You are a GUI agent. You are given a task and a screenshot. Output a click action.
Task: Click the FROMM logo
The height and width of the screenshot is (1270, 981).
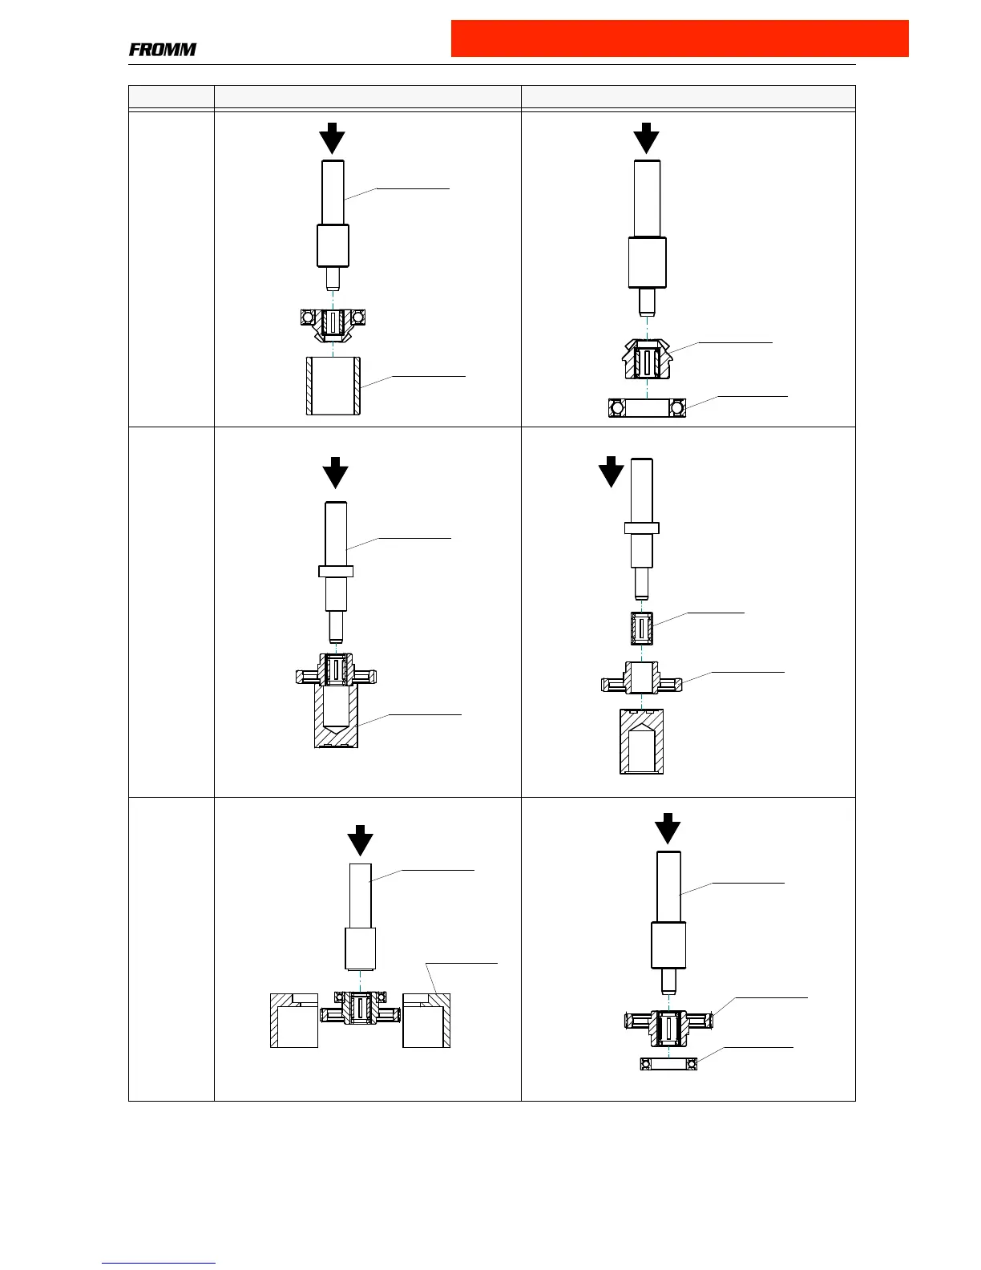click(163, 50)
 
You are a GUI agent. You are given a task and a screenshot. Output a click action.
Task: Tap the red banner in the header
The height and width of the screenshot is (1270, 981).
click(680, 38)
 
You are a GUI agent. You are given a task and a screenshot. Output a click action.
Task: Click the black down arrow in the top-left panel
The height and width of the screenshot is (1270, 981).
click(332, 138)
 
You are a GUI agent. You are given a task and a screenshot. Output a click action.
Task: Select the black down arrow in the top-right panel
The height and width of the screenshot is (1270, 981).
click(646, 138)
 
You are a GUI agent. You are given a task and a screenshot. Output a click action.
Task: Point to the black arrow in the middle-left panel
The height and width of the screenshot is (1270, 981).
click(336, 473)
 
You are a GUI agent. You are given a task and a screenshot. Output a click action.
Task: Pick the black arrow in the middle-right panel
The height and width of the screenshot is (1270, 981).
click(611, 471)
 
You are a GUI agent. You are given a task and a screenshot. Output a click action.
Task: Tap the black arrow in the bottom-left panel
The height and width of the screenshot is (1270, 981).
click(361, 840)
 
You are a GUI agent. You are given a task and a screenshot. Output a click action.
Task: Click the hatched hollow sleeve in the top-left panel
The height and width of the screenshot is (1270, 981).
click(333, 386)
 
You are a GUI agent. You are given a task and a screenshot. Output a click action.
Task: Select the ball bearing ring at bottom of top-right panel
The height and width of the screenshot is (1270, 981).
click(647, 408)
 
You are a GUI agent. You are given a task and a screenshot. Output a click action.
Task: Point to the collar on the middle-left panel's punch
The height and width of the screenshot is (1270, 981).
click(336, 571)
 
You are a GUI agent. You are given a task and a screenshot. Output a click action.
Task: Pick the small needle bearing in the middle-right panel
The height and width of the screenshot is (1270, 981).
click(641, 629)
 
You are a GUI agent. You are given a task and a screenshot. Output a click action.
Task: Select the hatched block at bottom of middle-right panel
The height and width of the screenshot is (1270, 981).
click(641, 742)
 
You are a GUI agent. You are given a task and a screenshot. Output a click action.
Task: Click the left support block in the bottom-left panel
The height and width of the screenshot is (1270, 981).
click(294, 1020)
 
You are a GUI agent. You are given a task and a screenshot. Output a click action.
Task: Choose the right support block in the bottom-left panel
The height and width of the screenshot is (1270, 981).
click(426, 1020)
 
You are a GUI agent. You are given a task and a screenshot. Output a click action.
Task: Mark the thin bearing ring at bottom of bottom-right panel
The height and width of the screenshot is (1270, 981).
click(668, 1064)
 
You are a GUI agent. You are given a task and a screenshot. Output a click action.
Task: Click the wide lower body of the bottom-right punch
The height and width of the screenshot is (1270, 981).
click(668, 944)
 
